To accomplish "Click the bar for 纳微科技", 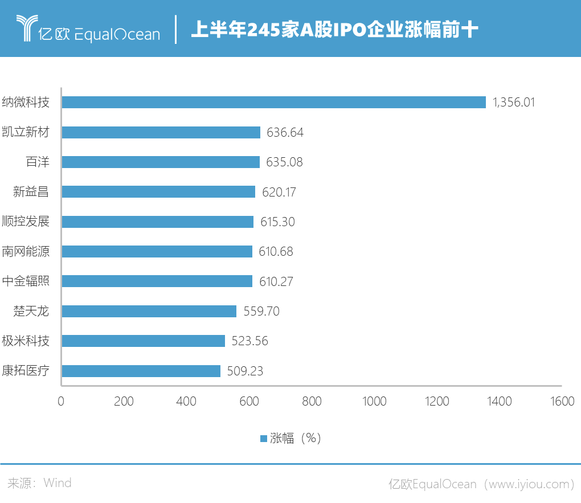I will click(273, 103).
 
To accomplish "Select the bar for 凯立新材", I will click(161, 132).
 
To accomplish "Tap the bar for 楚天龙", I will click(149, 311).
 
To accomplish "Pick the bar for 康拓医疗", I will click(141, 371).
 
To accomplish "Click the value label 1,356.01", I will click(514, 103).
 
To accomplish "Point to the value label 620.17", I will click(279, 192).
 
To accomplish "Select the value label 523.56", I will click(248, 341).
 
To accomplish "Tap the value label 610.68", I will click(275, 252).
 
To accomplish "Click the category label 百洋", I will click(38, 162).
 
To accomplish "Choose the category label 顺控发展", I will click(26, 222).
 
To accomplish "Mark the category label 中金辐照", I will click(26, 281).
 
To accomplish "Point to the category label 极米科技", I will click(26, 341).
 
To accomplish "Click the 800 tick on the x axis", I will click(312, 402).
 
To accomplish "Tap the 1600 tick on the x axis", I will click(562, 402).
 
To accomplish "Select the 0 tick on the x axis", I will click(61, 402).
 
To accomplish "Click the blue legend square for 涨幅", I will click(264, 438).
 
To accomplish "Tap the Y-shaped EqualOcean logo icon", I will click(26, 29).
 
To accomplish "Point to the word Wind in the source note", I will click(58, 483).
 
